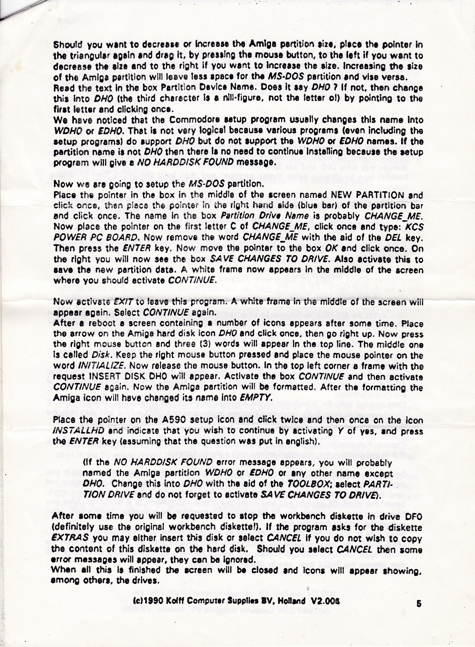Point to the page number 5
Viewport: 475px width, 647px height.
pyautogui.click(x=419, y=604)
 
